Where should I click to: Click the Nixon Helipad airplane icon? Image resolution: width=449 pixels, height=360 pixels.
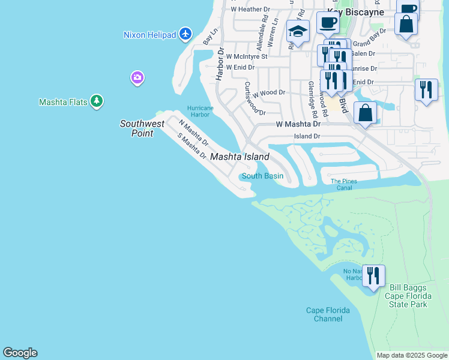click(x=185, y=34)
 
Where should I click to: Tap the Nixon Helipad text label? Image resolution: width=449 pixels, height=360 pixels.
click(x=149, y=35)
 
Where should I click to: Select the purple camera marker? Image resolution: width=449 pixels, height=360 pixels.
click(x=137, y=77)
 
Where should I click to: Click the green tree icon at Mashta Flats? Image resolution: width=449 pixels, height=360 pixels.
click(x=97, y=101)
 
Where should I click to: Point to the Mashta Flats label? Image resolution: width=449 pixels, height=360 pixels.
click(x=63, y=102)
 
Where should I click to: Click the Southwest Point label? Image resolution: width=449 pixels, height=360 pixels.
click(x=142, y=128)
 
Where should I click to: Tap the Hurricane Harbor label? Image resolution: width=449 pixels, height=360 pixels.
click(x=200, y=112)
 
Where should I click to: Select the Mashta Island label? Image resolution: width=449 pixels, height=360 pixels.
click(x=240, y=157)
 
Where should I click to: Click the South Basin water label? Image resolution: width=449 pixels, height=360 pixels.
click(x=262, y=176)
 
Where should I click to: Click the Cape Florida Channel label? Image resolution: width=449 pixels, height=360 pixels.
click(x=324, y=314)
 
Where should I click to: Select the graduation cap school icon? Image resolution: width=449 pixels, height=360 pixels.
click(x=298, y=31)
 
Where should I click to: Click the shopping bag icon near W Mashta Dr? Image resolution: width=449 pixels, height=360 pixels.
click(x=365, y=112)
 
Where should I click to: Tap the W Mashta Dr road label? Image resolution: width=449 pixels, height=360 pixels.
click(x=298, y=124)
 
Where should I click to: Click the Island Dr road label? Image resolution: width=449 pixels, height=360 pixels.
click(x=307, y=136)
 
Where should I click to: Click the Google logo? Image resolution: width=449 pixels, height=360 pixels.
click(x=20, y=353)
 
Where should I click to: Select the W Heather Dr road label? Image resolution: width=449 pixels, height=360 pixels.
click(x=250, y=9)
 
